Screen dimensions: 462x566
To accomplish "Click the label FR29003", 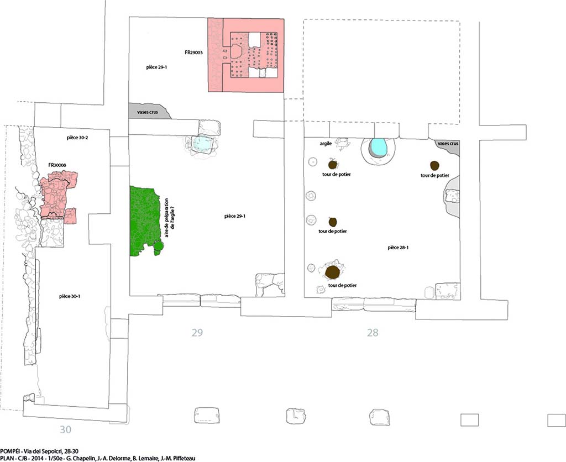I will [194, 53].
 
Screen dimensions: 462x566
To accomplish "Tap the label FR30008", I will [58, 165].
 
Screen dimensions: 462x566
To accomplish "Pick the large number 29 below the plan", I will [197, 332].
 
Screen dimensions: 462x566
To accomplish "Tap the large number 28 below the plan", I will [373, 332].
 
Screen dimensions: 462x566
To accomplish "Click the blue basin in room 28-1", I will [379, 148].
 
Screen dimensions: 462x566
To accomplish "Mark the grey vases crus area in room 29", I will [148, 111].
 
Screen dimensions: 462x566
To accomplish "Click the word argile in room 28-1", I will [326, 143].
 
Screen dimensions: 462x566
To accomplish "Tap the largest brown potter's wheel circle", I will [332, 272].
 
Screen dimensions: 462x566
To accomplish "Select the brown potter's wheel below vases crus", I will [434, 166].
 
